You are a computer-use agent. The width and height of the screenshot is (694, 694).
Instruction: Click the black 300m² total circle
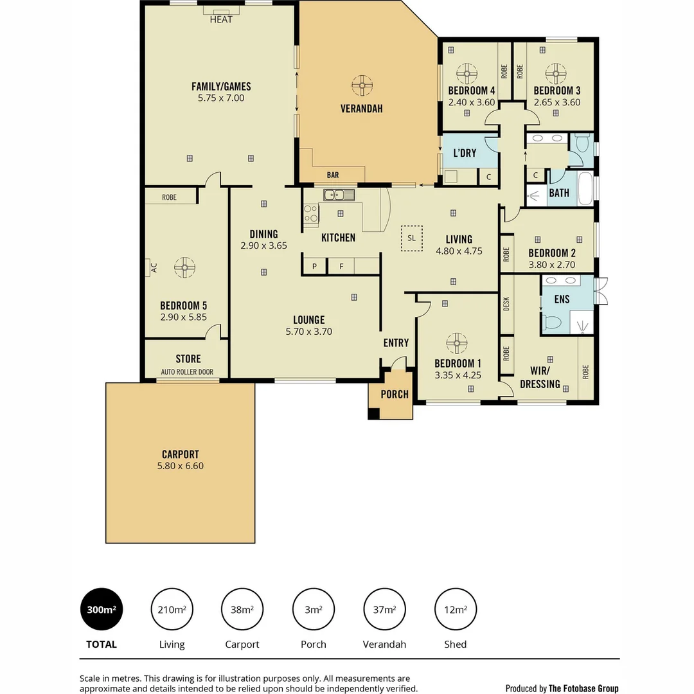101,610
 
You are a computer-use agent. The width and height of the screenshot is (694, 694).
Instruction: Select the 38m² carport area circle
242,610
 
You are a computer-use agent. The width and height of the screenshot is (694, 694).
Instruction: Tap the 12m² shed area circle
456,610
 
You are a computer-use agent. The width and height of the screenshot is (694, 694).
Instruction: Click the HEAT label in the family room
221,19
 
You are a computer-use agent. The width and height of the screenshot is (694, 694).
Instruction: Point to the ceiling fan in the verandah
362,85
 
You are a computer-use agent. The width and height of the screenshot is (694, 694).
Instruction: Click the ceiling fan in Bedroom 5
184,268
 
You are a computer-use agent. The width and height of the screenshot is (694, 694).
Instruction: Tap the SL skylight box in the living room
411,238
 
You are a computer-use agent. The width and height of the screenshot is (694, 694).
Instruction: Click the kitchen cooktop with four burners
311,213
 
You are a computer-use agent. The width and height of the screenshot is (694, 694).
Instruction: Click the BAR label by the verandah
333,175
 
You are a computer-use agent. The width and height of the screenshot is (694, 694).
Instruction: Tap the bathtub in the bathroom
585,189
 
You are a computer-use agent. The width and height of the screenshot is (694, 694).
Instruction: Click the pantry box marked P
314,266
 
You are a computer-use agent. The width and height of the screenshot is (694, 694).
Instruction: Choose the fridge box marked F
341,266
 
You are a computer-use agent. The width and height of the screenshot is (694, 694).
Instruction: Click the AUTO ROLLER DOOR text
187,372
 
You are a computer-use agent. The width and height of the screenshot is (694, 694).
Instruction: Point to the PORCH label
394,394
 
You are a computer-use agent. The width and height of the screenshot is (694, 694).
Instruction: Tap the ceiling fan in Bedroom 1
456,343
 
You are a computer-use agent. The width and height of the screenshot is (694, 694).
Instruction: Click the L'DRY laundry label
465,153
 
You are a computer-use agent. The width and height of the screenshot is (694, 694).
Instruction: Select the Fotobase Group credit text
562,688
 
